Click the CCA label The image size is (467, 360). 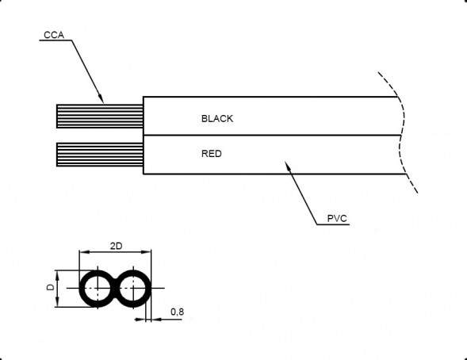pyautogui.click(x=54, y=35)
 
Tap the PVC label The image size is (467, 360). pyautogui.click(x=337, y=219)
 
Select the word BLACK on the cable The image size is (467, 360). pyautogui.click(x=217, y=119)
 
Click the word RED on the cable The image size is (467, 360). pyautogui.click(x=212, y=154)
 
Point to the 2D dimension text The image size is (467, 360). pyautogui.click(x=116, y=246)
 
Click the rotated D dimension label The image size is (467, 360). pyautogui.click(x=50, y=287)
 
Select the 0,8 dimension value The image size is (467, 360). pyautogui.click(x=178, y=312)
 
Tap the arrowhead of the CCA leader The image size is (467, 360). pyautogui.click(x=101, y=99)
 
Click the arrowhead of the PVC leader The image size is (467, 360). pyautogui.click(x=287, y=166)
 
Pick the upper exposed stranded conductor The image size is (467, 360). pyautogui.click(x=100, y=116)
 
